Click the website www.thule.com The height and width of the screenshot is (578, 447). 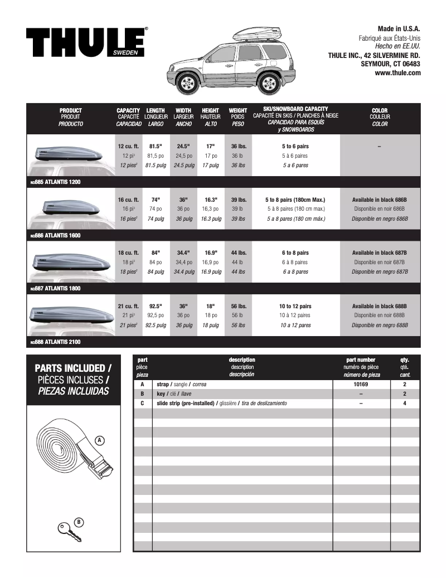point(397,72)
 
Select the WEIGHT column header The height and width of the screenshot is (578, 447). point(238,110)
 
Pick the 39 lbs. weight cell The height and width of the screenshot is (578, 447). point(238,200)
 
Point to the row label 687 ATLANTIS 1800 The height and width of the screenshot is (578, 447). point(56,289)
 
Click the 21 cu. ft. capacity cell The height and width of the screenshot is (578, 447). point(128,306)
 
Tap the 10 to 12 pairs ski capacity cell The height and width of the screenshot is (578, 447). point(295,306)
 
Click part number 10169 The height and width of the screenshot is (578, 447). point(361,385)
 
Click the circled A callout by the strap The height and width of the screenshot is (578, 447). point(99,440)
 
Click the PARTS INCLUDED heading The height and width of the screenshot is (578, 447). point(72,369)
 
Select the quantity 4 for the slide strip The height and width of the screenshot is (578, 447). point(404,402)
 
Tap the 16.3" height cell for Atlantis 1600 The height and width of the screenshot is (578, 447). point(210,200)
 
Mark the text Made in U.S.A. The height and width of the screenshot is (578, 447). point(399,28)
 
